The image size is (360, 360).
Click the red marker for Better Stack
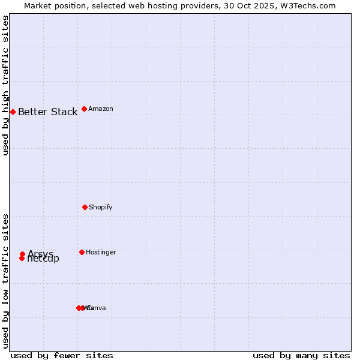(x=13, y=112)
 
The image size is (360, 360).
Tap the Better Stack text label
(x=47, y=112)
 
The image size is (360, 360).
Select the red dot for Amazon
(x=84, y=109)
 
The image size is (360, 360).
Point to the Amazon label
(x=100, y=109)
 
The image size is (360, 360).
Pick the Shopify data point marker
(x=85, y=207)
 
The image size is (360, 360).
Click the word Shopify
(x=100, y=208)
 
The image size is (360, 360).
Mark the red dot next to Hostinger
(x=82, y=252)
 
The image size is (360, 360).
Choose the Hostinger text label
(x=101, y=253)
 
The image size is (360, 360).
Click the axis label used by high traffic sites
(x=6, y=85)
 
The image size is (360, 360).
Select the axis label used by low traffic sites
(x=6, y=281)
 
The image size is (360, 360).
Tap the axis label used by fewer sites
(x=62, y=355)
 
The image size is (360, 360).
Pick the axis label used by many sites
(x=301, y=355)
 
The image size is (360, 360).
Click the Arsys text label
(x=40, y=254)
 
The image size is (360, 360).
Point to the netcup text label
(x=44, y=259)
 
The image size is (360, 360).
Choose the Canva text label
(x=96, y=308)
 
